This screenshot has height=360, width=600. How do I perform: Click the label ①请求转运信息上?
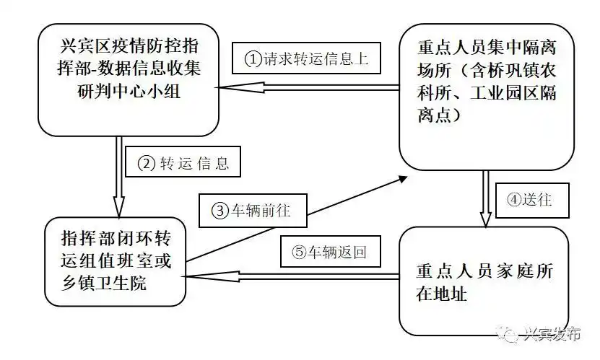tap(306, 58)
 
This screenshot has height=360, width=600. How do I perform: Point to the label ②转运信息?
tap(183, 163)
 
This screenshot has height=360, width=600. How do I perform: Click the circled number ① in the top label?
tap(252, 59)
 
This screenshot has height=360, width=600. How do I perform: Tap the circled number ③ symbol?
tap(219, 211)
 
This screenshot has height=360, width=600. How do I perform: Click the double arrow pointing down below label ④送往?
tap(487, 198)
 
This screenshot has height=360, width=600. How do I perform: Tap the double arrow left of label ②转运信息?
tap(119, 172)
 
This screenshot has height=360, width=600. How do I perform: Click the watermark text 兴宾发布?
tap(552, 334)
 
